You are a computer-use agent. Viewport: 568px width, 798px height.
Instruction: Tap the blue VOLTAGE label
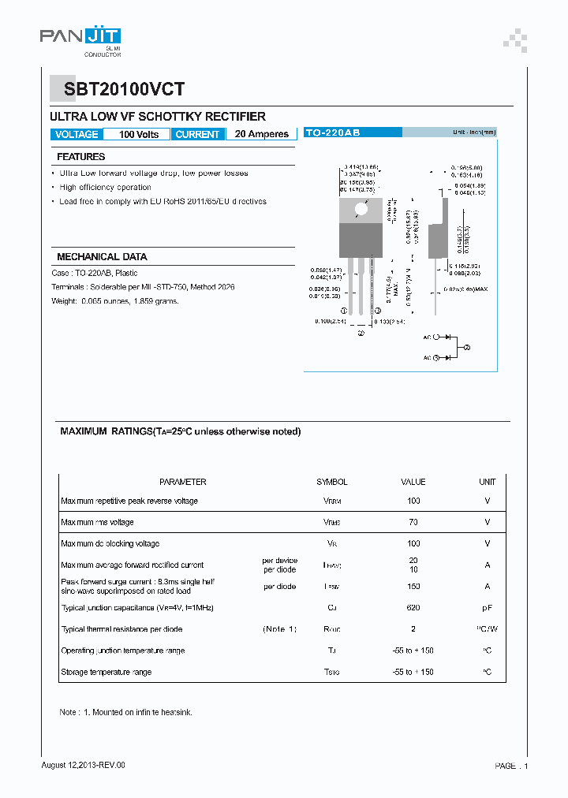pos(77,135)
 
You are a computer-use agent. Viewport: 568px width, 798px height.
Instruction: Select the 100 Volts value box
pos(138,135)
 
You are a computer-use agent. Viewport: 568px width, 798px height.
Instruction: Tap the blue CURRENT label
pos(197,135)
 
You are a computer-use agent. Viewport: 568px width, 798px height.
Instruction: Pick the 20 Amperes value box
pos(262,135)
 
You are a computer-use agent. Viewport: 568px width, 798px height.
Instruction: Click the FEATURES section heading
pos(80,157)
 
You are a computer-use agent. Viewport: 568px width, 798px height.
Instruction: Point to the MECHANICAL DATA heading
pos(102,257)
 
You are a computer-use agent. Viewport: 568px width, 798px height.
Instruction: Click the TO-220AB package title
pos(332,133)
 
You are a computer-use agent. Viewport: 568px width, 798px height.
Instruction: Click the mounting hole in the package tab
pos(361,209)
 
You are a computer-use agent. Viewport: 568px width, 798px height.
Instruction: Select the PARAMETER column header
pos(182,482)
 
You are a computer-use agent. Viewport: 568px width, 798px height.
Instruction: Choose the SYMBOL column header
pos(332,482)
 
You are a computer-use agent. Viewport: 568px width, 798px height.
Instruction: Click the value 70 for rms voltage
pos(413,522)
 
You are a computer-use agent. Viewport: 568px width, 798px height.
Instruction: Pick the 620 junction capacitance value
pos(413,608)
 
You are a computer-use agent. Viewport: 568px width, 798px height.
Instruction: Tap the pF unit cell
pos(487,608)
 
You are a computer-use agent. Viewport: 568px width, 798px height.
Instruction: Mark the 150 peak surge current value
pos(413,587)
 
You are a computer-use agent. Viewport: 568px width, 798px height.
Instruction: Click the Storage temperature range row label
pos(106,672)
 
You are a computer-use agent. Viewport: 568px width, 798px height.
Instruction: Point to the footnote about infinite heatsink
pos(126,712)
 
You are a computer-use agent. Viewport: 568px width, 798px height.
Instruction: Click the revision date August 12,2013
pos(83,765)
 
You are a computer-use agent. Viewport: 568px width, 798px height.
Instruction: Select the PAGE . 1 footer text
pos(511,766)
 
